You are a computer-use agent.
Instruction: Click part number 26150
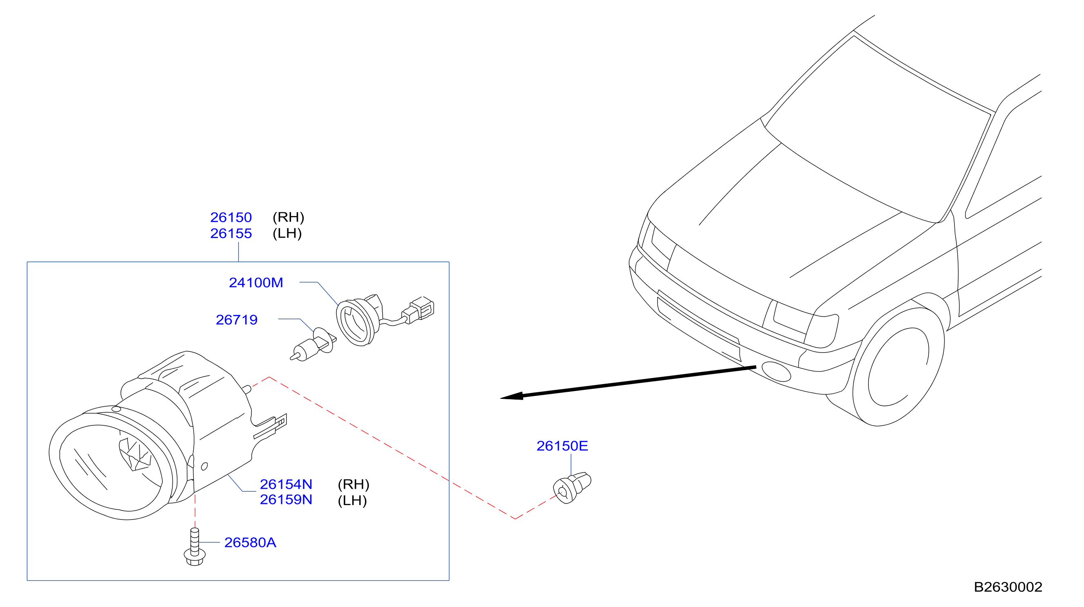coord(231,217)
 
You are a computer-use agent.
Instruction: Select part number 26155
coord(231,234)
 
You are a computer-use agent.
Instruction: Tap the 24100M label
coord(256,283)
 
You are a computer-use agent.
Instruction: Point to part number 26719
coord(237,320)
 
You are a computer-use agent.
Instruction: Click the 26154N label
coord(286,484)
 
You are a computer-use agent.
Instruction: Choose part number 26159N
coord(286,500)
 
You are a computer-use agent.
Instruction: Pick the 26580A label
coord(250,542)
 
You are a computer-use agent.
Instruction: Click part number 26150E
coord(562,446)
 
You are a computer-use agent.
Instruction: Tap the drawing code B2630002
coord(1008,587)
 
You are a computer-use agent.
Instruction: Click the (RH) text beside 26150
coord(288,217)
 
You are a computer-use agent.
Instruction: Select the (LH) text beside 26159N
coord(352,500)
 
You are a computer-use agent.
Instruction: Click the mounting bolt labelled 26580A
coord(195,547)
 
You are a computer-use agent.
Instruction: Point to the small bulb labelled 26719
coord(314,345)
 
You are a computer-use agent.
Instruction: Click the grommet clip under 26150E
coord(572,488)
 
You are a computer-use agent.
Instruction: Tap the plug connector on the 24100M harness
coord(418,310)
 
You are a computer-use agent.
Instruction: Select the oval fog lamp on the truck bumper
coord(776,372)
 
